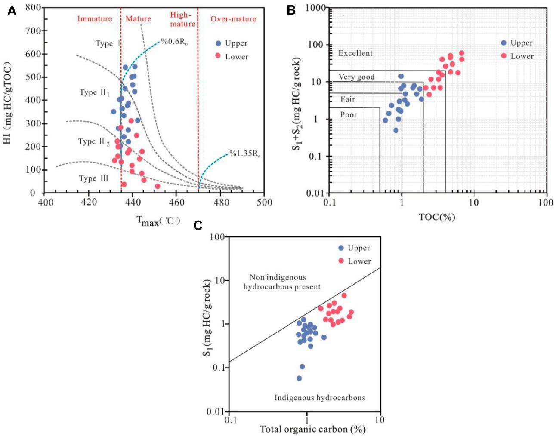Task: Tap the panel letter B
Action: click(x=291, y=10)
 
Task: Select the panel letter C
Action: click(x=198, y=225)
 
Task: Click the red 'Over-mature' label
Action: click(x=233, y=19)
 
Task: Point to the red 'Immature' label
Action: click(x=94, y=19)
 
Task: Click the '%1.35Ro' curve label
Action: click(x=244, y=154)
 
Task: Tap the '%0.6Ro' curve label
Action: click(x=174, y=42)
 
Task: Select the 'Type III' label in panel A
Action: click(x=93, y=178)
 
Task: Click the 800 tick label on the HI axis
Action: click(x=33, y=7)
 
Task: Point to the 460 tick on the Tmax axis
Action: click(x=176, y=202)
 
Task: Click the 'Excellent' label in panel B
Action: click(x=355, y=53)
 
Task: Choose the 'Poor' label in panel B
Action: click(x=349, y=115)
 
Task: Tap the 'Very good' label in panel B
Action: click(x=356, y=77)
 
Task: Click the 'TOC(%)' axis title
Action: click(x=437, y=217)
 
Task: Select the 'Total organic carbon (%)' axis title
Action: click(x=312, y=429)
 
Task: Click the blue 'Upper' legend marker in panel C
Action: click(x=341, y=248)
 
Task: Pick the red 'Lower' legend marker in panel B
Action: click(x=503, y=56)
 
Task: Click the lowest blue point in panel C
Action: click(x=299, y=378)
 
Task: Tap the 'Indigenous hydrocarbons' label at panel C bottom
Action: click(x=320, y=398)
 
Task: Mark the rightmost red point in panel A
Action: click(x=158, y=186)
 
